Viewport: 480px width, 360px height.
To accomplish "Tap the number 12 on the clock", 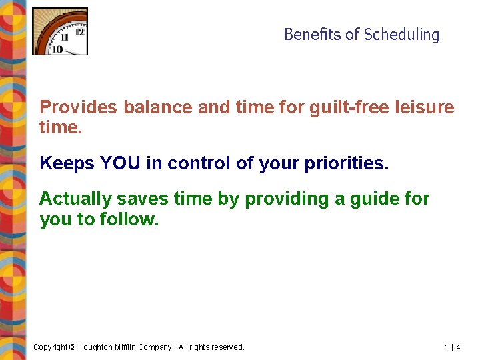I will (80, 31).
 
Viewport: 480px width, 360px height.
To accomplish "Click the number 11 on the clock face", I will (65, 38).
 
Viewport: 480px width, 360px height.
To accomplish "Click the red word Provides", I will (77, 107).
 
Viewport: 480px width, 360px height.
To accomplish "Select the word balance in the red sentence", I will (157, 107).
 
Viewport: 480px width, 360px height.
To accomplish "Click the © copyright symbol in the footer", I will (73, 347).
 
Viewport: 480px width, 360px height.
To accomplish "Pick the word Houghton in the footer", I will (98, 347).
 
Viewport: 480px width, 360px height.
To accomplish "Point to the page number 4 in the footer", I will (458, 347).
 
